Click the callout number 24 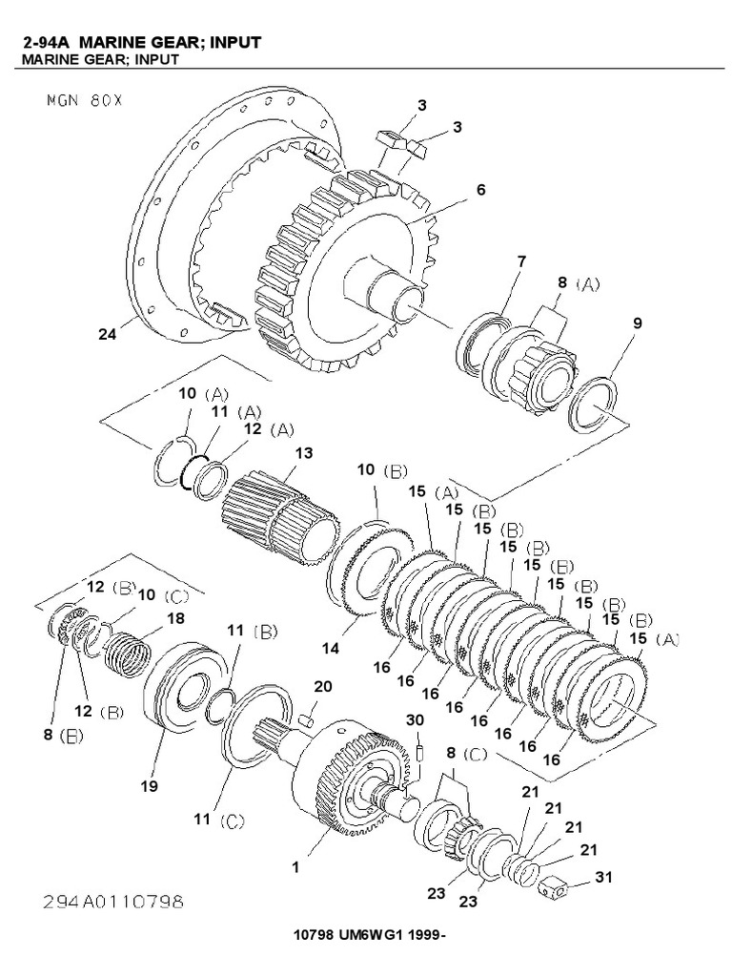point(107,333)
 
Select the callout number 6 point(480,190)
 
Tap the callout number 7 point(520,260)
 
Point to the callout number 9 point(637,323)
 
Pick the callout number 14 point(330,648)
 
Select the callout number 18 point(176,618)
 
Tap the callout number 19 point(149,786)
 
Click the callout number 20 point(323,687)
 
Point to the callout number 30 point(415,719)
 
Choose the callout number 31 point(604,876)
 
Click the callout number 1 point(296,867)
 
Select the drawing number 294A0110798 point(112,901)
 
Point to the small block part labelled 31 point(553,890)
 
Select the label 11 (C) point(220,820)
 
